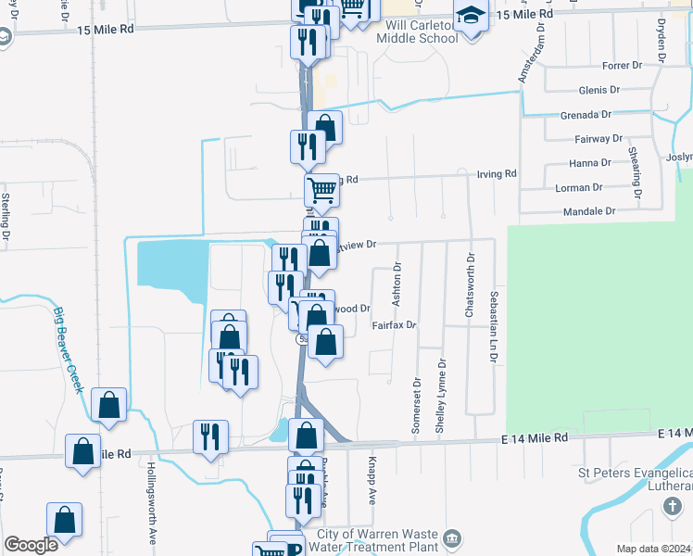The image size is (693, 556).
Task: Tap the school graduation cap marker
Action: (471, 17)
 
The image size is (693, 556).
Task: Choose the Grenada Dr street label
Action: (586, 115)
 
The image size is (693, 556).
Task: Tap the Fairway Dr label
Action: (598, 139)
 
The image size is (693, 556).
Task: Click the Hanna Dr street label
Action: (590, 162)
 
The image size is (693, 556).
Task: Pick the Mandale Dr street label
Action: (590, 211)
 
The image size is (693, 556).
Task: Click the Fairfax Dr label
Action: (395, 325)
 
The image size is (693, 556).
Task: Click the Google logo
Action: (31, 545)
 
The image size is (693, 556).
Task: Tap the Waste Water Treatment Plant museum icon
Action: (451, 538)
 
